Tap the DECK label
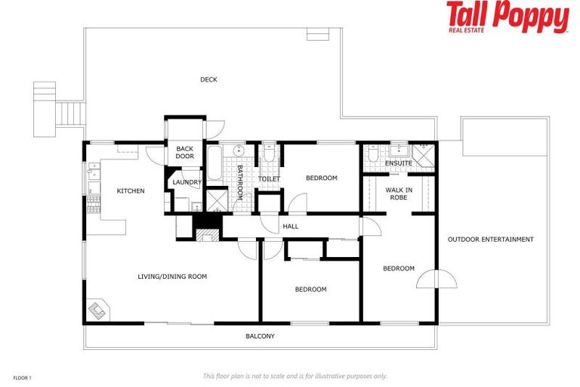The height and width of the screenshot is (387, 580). click(208, 79)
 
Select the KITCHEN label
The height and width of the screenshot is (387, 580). click(130, 191)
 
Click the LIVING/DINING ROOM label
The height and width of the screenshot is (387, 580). click(172, 277)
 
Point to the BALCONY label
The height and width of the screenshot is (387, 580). click(260, 336)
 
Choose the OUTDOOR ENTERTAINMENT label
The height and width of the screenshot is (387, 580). click(490, 240)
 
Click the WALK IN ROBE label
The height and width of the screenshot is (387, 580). click(398, 193)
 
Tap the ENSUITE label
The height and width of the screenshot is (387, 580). click(398, 163)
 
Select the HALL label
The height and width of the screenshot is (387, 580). click(291, 226)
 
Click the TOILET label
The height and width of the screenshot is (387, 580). click(269, 179)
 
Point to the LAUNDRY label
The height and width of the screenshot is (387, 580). click(187, 182)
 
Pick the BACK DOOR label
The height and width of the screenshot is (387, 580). click(185, 153)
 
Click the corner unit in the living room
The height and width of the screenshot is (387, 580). click(97, 311)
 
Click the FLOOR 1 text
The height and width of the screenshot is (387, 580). click(23, 376)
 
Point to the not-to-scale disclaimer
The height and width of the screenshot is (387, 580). click(295, 376)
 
